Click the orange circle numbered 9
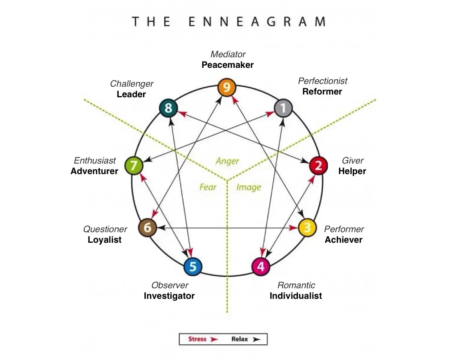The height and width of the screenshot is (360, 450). tap(227, 87)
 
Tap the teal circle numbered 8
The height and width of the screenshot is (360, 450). tap(169, 108)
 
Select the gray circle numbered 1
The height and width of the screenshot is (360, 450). tap(283, 108)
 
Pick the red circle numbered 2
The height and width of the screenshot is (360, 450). tap(318, 165)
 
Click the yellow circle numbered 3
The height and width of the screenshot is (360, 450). tap(307, 228)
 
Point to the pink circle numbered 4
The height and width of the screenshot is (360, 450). tap(261, 266)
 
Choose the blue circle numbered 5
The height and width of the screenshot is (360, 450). tap(193, 266)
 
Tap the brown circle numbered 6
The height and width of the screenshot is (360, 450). tap(147, 228)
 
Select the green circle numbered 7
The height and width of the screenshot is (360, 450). tap(134, 165)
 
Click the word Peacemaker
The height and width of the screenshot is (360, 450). tap(228, 65)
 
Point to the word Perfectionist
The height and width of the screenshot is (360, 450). tap(323, 81)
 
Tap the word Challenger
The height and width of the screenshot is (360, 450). tap(132, 84)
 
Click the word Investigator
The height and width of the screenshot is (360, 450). tap(169, 296)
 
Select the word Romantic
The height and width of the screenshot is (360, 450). tap(296, 285)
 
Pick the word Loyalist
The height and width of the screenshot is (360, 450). tap(105, 240)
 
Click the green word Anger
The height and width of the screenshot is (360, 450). tap(227, 161)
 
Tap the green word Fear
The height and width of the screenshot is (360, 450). tap(208, 187)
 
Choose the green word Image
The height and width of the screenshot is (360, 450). tap(249, 187)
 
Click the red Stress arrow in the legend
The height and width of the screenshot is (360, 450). tap(214, 339)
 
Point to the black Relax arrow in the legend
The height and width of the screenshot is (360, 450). tap(257, 339)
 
